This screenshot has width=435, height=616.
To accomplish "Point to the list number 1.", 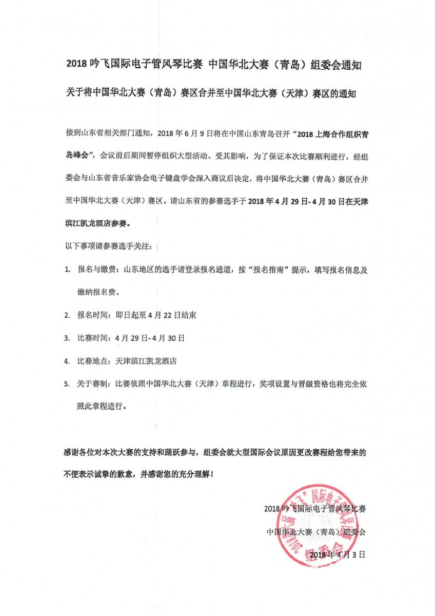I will tap(67, 271).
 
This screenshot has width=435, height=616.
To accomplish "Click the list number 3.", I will tap(67, 338).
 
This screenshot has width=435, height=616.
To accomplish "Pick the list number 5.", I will tap(67, 383).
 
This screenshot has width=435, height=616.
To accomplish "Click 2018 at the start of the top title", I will tap(76, 65).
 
